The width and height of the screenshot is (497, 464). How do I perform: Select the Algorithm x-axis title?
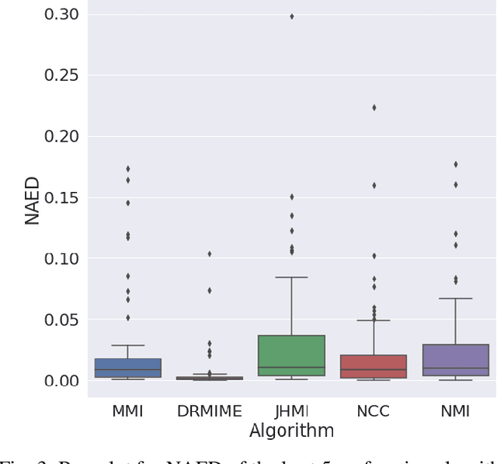click(x=291, y=431)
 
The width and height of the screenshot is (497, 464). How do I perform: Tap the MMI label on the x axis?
click(x=127, y=412)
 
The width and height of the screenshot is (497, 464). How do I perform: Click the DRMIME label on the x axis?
click(x=209, y=412)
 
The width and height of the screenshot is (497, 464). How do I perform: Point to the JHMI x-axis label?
click(x=291, y=412)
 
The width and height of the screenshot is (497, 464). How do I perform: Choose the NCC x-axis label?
click(x=374, y=412)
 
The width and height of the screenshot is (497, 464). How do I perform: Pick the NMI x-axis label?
click(x=455, y=412)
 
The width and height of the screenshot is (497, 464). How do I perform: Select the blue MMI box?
click(x=127, y=368)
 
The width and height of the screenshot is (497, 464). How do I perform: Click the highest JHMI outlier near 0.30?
click(x=291, y=16)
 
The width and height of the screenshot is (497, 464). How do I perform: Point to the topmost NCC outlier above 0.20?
click(x=374, y=107)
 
